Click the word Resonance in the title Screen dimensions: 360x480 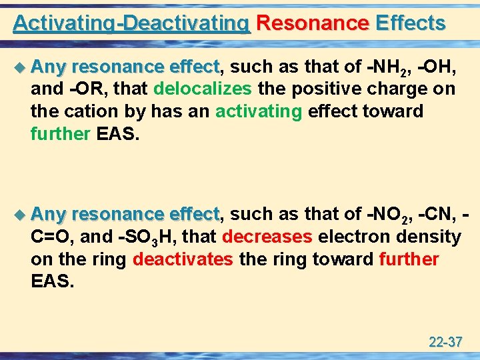[x=312, y=23]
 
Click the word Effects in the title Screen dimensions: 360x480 [x=410, y=23]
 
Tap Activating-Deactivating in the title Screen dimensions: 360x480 [x=131, y=23]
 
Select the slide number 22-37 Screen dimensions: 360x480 [x=445, y=343]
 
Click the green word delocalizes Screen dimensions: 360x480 [x=203, y=89]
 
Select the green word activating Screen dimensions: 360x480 [x=259, y=111]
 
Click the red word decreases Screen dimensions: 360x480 [x=267, y=237]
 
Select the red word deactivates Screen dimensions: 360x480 [x=183, y=259]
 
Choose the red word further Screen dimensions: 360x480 [x=409, y=259]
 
